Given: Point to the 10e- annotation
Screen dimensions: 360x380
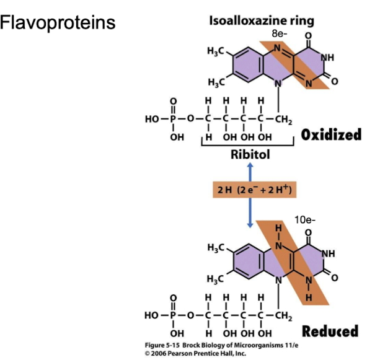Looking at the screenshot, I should point(304,220).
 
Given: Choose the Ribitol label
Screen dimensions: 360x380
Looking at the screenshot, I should point(250,154).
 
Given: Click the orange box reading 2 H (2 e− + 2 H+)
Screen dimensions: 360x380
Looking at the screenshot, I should point(250,189).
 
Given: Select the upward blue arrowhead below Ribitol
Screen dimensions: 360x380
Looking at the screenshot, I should point(250,166).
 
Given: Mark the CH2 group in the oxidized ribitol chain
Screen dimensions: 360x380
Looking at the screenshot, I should point(285,118).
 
